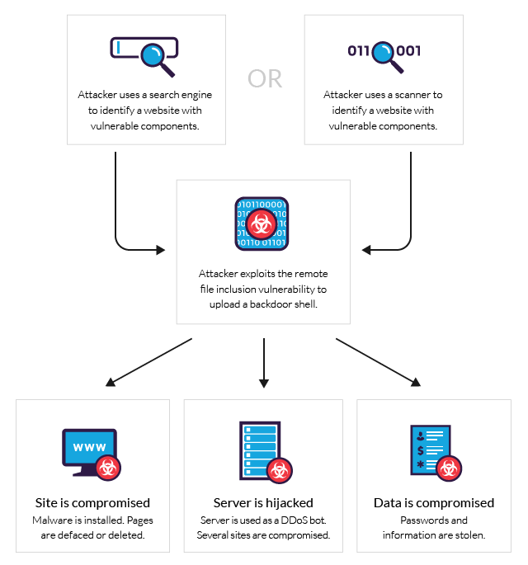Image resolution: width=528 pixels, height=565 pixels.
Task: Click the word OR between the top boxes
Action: tap(265, 78)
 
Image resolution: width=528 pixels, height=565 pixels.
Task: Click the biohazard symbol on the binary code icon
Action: tap(262, 223)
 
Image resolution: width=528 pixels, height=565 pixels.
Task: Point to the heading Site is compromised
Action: tap(92, 502)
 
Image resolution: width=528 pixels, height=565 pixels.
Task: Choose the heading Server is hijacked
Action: tap(263, 502)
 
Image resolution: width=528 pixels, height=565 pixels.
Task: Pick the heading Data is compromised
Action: tap(434, 502)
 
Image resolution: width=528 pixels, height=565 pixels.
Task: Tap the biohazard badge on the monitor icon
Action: tap(109, 468)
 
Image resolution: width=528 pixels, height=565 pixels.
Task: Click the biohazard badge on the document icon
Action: tap(449, 468)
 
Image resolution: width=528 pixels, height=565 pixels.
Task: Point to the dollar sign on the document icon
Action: tap(421, 451)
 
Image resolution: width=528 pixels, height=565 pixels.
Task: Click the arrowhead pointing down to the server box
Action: tap(264, 383)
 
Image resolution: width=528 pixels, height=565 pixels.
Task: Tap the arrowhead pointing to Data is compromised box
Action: tap(415, 383)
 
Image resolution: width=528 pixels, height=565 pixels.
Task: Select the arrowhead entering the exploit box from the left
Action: tap(161, 248)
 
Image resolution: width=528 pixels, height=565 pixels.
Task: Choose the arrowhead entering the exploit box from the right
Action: tap(366, 248)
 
